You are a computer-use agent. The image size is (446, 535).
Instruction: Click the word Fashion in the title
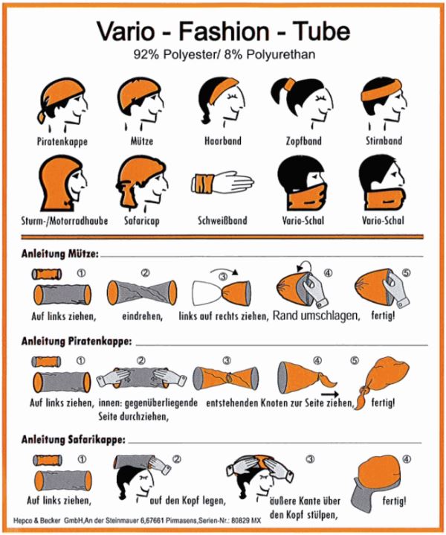(x=224, y=31)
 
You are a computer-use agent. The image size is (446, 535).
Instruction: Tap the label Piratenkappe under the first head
(x=62, y=141)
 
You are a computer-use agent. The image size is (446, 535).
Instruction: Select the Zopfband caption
(x=303, y=141)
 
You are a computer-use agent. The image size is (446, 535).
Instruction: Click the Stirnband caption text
(x=384, y=141)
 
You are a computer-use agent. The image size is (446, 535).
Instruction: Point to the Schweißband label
(x=222, y=220)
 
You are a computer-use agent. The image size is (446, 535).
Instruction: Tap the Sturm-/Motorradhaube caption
(x=65, y=221)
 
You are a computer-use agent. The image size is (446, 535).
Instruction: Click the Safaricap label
(x=141, y=221)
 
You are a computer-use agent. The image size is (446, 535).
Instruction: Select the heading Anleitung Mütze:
(x=60, y=254)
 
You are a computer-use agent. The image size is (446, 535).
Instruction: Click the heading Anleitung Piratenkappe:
(x=77, y=342)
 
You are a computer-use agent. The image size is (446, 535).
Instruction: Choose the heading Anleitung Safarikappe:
(x=74, y=440)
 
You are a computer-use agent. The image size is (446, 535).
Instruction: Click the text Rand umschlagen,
(x=317, y=316)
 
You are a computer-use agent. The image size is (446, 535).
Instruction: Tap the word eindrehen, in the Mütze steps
(x=142, y=316)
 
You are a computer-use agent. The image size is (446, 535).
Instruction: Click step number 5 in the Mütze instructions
(x=407, y=273)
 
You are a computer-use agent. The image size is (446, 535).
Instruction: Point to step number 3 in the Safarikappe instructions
(x=310, y=459)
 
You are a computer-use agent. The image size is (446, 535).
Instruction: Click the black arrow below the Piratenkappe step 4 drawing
(x=330, y=394)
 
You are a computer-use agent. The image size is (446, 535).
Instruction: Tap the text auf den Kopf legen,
(x=188, y=501)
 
